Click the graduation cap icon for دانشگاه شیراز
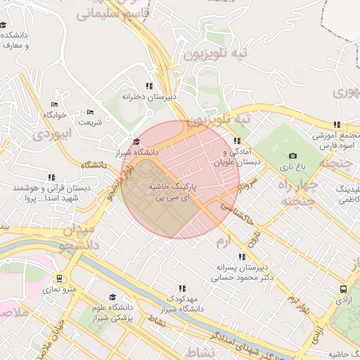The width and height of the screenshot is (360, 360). click(136, 142)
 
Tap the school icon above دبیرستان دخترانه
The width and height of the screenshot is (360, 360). click(148, 86)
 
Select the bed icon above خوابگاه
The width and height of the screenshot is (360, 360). click(54, 104)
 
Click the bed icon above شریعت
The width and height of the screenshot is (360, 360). click(89, 112)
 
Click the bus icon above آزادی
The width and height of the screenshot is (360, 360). click(342, 288)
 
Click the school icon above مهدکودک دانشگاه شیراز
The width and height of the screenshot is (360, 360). click(181, 288)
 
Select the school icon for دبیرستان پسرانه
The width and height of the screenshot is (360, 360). click(242, 257)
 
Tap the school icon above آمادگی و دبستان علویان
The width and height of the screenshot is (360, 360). click(236, 141)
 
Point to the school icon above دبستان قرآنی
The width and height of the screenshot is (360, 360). click(51, 178)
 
